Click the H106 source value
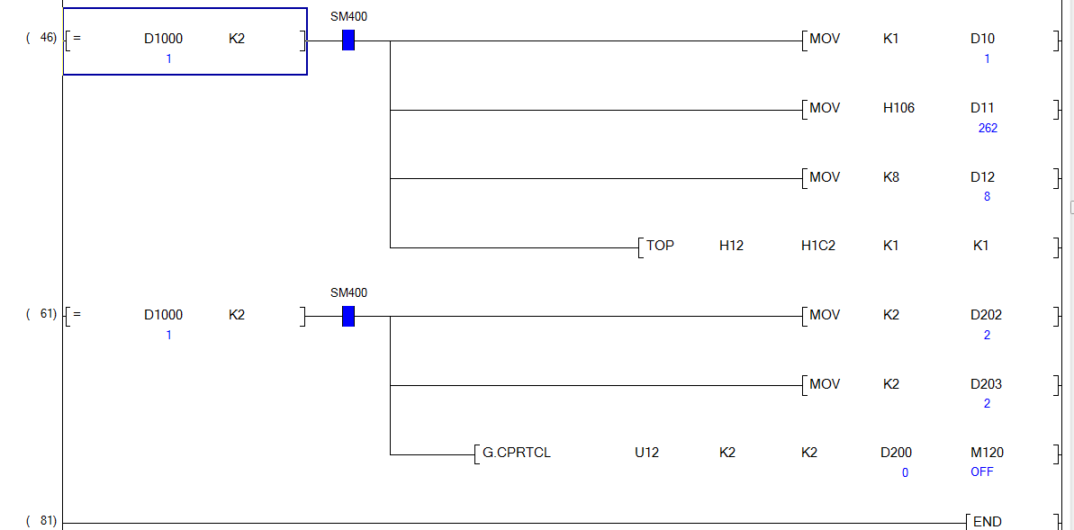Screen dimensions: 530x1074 [898, 108]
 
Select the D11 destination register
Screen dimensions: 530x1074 [982, 108]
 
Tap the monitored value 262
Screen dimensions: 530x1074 [988, 128]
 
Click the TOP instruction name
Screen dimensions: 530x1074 [660, 246]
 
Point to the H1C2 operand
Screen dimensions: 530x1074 [818, 246]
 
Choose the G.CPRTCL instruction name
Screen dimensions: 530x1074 [517, 453]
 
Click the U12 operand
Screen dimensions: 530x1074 [646, 453]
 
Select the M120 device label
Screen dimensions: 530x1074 [987, 453]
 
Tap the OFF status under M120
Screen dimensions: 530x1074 [982, 472]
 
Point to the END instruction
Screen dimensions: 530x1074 [988, 522]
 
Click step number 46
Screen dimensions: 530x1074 [49, 38]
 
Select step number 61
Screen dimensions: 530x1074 [49, 314]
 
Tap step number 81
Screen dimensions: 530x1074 [49, 521]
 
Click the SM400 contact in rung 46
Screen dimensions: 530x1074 [348, 40]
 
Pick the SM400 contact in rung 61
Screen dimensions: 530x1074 [348, 317]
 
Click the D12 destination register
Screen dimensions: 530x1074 [982, 177]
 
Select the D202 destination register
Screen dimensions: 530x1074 [986, 315]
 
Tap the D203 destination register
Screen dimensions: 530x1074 [986, 384]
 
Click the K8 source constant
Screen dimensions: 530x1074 [890, 177]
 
